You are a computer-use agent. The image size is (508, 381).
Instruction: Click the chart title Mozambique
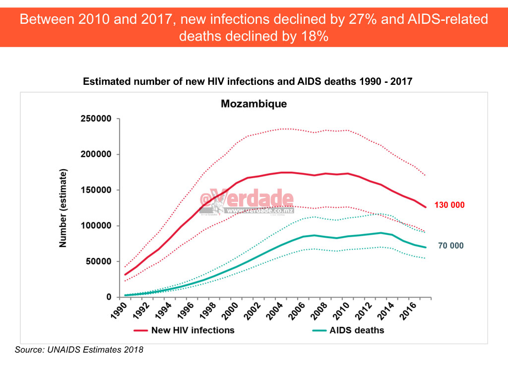tap(254, 104)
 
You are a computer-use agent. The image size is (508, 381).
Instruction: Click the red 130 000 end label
tap(449, 205)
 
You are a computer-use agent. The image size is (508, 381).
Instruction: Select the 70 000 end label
tap(450, 246)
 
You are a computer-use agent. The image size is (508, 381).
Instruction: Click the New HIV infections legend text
tap(192, 330)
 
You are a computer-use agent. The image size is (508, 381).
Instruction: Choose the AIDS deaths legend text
tap(357, 330)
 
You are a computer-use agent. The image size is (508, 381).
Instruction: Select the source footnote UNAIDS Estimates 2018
tap(79, 350)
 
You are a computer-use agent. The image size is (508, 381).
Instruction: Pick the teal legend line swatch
tap(318, 330)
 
